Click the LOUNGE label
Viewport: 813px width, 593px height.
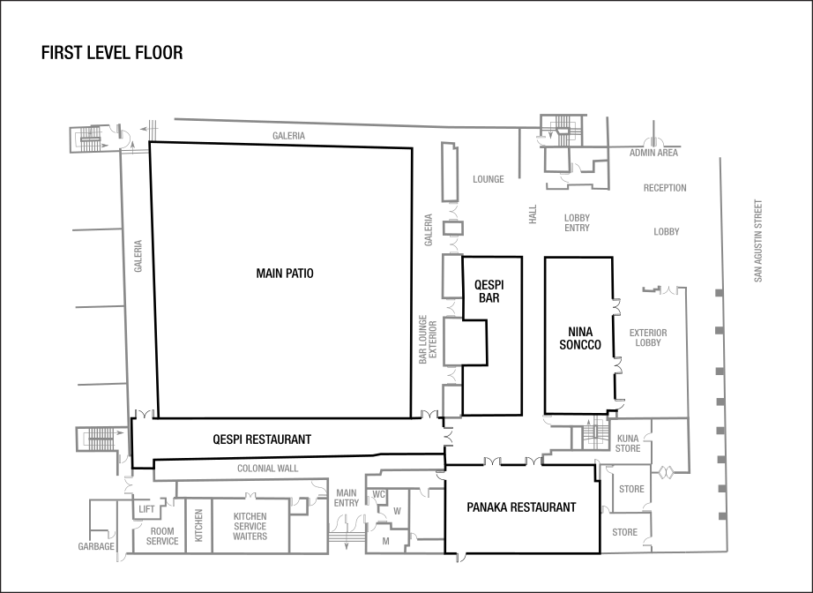point(488,179)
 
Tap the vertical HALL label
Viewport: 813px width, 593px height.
point(533,214)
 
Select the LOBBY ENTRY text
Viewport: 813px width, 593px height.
point(577,222)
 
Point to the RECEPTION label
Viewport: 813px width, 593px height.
point(665,188)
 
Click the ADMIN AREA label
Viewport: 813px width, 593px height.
point(653,153)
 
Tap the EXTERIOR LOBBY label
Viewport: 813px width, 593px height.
point(648,338)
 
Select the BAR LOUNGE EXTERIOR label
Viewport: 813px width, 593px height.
point(427,340)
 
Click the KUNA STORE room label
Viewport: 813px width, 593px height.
point(628,443)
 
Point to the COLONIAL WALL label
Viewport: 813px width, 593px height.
point(267,469)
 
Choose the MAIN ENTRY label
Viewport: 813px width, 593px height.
point(346,498)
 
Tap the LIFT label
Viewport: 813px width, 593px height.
point(146,509)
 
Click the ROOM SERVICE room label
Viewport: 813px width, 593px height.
point(161,537)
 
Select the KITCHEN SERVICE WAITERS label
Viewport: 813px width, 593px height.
point(250,526)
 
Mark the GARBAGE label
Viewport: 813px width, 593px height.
point(96,547)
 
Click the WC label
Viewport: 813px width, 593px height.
point(379,494)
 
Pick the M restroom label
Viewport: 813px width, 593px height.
point(385,540)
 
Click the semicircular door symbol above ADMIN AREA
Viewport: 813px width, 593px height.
point(653,140)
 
